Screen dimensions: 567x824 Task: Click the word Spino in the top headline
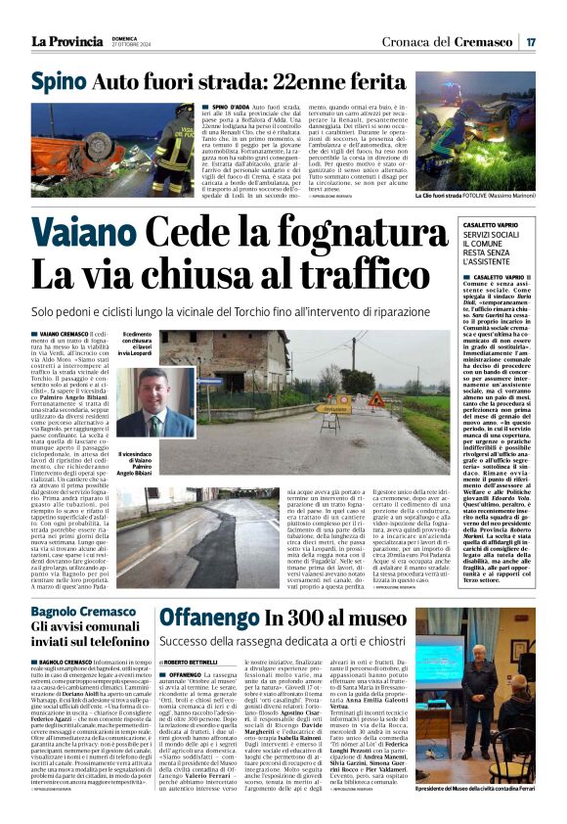(x=58, y=82)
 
